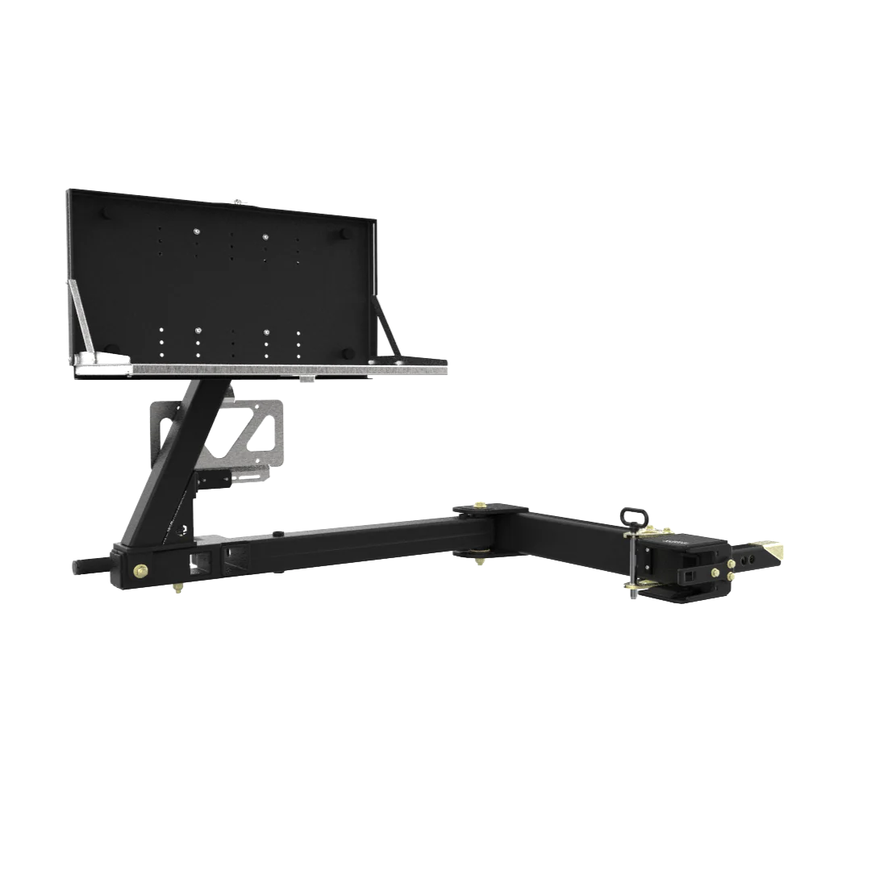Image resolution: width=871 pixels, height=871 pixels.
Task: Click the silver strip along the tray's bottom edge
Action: (x=266, y=369)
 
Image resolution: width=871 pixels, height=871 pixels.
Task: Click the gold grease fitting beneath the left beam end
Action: (x=175, y=593)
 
